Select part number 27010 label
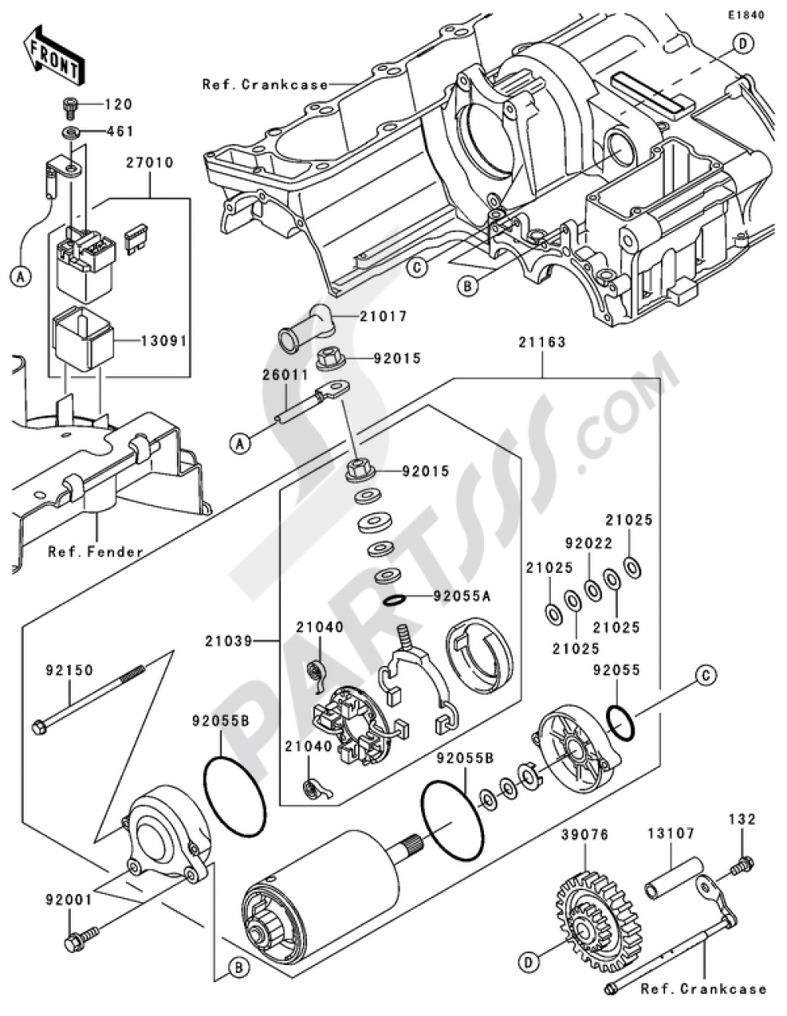(x=149, y=163)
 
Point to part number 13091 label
(x=165, y=342)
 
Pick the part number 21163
(x=541, y=343)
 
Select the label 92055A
(x=460, y=597)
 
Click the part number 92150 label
(x=69, y=671)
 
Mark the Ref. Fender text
(x=96, y=552)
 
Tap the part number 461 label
(x=120, y=131)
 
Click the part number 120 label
(x=120, y=105)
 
